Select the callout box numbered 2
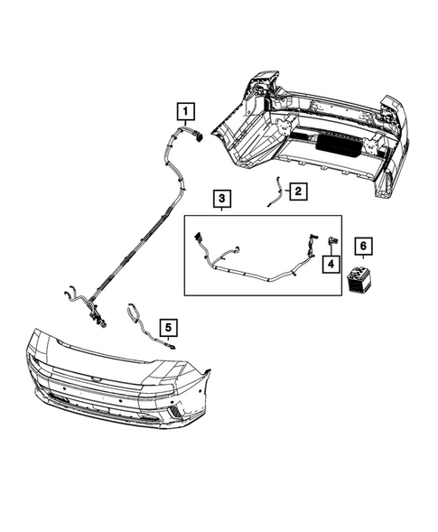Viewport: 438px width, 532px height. point(297,191)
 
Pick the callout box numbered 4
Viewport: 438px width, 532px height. point(331,264)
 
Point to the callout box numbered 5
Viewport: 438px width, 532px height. point(167,327)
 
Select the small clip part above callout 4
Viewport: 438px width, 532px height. point(331,240)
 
